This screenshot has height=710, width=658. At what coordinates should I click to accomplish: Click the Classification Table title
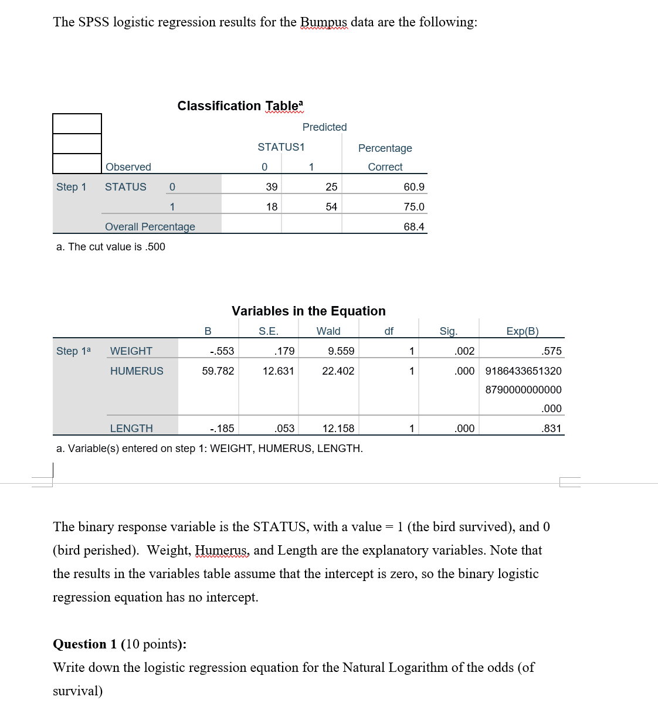240,106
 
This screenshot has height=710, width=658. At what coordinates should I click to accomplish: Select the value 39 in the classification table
272,187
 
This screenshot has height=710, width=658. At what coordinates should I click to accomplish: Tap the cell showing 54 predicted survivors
331,207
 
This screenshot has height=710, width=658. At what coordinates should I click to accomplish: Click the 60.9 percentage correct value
413,187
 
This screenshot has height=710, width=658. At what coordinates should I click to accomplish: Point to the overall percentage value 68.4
413,227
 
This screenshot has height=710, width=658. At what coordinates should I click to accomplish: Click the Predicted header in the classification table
324,127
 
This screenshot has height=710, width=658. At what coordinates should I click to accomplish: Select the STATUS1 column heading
281,147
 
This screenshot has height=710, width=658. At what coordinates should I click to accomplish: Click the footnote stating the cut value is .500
111,247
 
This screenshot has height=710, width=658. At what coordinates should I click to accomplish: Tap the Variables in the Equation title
308,311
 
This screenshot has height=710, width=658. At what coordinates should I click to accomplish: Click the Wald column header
328,331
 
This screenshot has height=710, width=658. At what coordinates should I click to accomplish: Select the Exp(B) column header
522,331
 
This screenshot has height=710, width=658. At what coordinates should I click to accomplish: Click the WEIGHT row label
131,351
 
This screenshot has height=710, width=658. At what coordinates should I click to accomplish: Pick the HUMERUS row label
137,371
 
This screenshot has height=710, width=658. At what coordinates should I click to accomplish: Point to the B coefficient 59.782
218,371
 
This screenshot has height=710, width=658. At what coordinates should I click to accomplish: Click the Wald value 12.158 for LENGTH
338,429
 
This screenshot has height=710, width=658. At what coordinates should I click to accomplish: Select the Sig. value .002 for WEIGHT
464,351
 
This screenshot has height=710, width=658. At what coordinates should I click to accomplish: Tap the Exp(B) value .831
551,429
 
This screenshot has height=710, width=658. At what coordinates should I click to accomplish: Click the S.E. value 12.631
278,371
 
